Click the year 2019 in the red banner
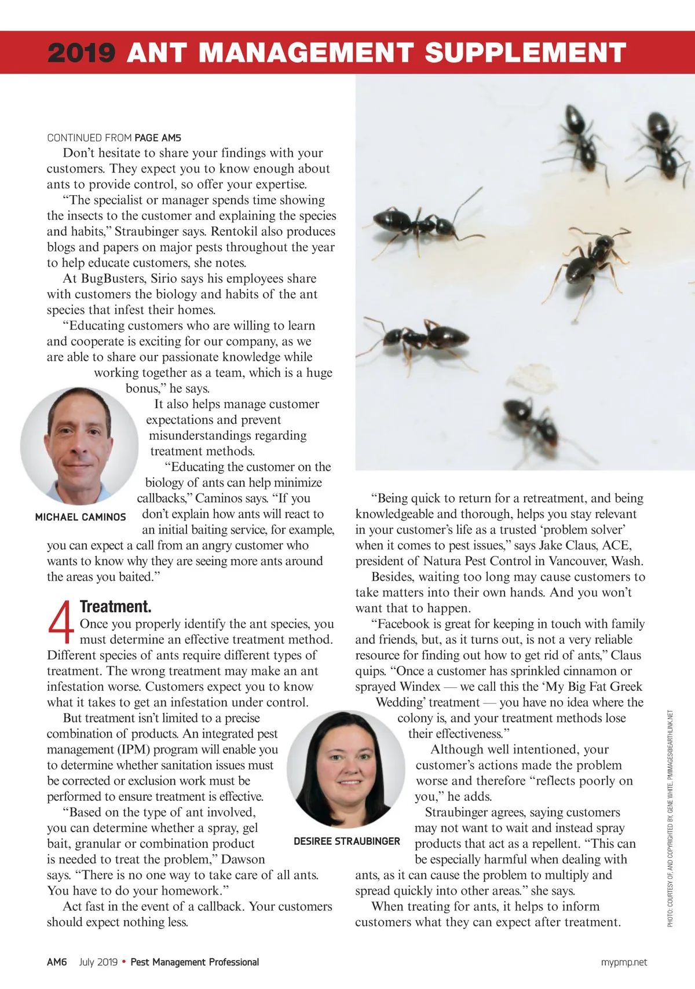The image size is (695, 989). [81, 53]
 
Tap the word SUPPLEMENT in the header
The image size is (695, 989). [525, 53]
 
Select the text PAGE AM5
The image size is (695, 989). [158, 138]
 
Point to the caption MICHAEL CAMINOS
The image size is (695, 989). [81, 517]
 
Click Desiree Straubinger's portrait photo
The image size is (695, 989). [346, 769]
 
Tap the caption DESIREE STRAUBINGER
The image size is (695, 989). [346, 841]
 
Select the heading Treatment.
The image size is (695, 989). [115, 606]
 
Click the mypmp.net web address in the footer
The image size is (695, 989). [624, 962]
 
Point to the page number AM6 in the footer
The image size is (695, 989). [57, 962]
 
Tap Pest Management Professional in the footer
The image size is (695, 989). [195, 962]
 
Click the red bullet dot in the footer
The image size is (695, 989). [124, 962]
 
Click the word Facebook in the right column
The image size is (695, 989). [405, 624]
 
